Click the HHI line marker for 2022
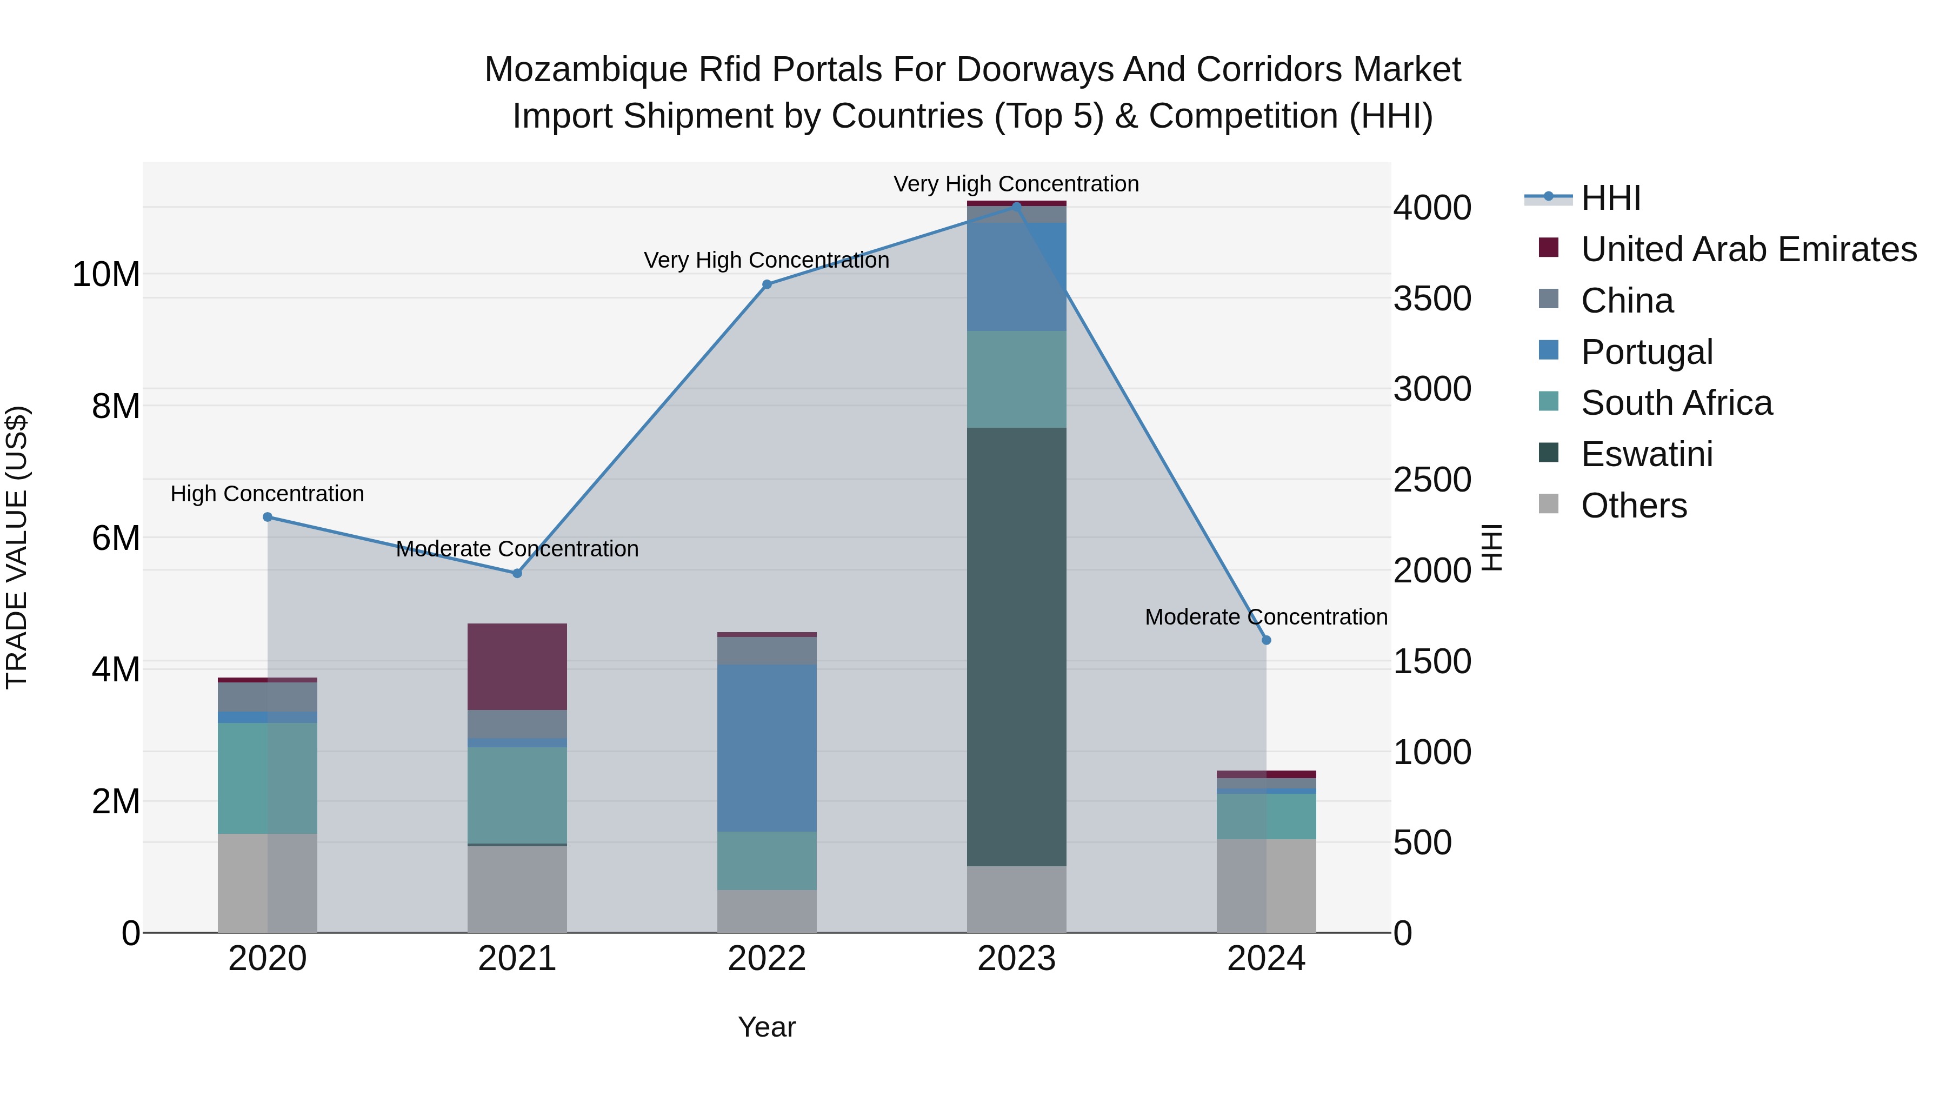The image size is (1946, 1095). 767,284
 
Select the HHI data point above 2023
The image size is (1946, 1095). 1016,207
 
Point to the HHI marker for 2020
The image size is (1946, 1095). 268,517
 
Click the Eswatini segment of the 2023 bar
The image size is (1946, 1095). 1016,646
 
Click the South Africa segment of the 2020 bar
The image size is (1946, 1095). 268,778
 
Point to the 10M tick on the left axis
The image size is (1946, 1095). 106,274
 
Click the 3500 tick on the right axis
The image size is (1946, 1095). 1432,298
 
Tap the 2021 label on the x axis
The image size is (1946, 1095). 517,959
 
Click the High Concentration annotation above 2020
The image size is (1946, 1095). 268,494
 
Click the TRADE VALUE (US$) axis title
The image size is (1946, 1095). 17,547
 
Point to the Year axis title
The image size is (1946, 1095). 767,1027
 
